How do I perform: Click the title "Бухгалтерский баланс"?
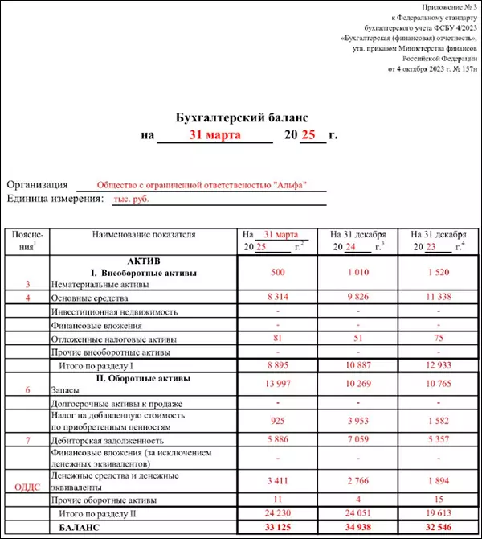pyautogui.click(x=241, y=118)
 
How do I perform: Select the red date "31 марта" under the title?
pyautogui.click(x=214, y=135)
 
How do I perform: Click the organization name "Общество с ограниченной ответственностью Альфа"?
pyautogui.click(x=197, y=184)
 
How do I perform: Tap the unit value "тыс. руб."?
pyautogui.click(x=132, y=199)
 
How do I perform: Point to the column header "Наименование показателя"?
pyautogui.click(x=145, y=235)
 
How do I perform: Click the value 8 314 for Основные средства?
pyautogui.click(x=279, y=297)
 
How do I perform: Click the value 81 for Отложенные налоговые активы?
pyautogui.click(x=279, y=339)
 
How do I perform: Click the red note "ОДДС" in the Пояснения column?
pyautogui.click(x=27, y=485)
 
